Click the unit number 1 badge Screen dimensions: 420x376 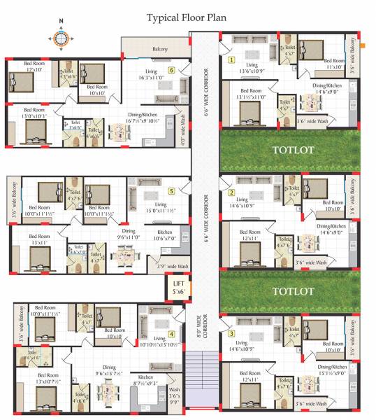click(x=231, y=60)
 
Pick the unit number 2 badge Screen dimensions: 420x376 click(x=231, y=192)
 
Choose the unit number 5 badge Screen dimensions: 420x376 click(x=171, y=190)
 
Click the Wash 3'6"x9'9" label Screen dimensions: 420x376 click(x=174, y=396)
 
